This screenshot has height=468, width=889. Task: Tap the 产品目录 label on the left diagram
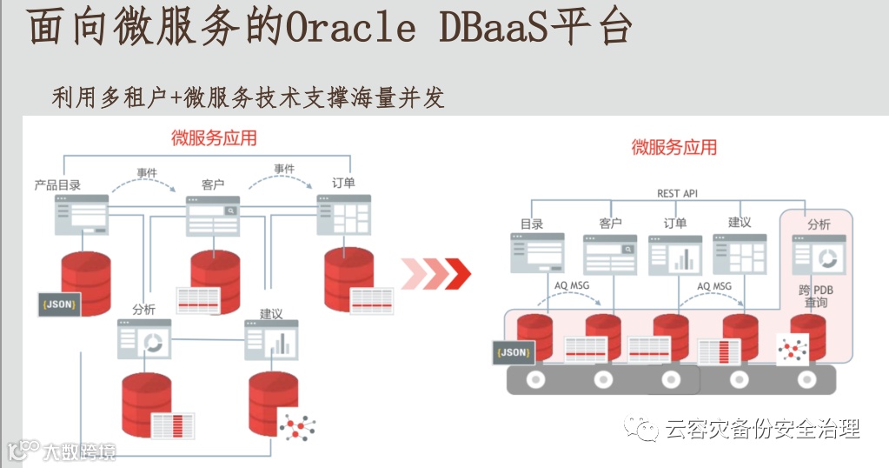coord(58,184)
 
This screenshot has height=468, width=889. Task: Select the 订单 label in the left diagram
coord(343,184)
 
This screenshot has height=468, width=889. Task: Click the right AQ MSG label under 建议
coord(714,285)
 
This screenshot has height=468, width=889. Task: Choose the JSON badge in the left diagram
coord(59,304)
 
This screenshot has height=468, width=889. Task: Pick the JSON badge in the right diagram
coord(514,352)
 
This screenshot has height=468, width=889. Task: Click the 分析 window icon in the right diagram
coord(818,255)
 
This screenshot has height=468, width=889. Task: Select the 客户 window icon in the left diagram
coord(213,215)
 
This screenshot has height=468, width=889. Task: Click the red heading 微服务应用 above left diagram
coord(214,138)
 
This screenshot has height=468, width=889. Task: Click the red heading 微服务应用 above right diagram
coord(674,147)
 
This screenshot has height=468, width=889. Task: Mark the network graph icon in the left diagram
coord(296,425)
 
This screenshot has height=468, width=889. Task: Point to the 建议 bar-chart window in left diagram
coord(271,340)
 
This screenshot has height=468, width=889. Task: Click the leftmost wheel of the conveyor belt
coord(534,379)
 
